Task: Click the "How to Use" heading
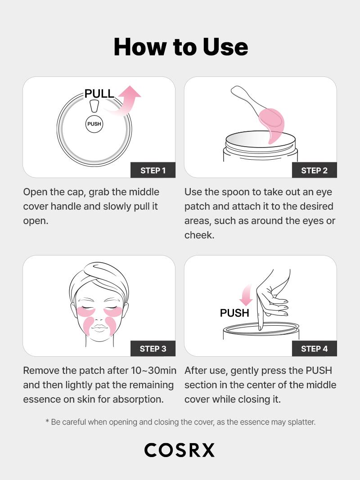click(180, 47)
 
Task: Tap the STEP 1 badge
click(153, 170)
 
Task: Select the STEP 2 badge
click(314, 170)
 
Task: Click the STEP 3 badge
click(153, 349)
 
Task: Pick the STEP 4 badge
click(314, 349)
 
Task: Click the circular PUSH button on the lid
click(94, 124)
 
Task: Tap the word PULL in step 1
click(99, 94)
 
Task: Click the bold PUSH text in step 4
click(234, 313)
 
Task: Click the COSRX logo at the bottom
click(180, 450)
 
